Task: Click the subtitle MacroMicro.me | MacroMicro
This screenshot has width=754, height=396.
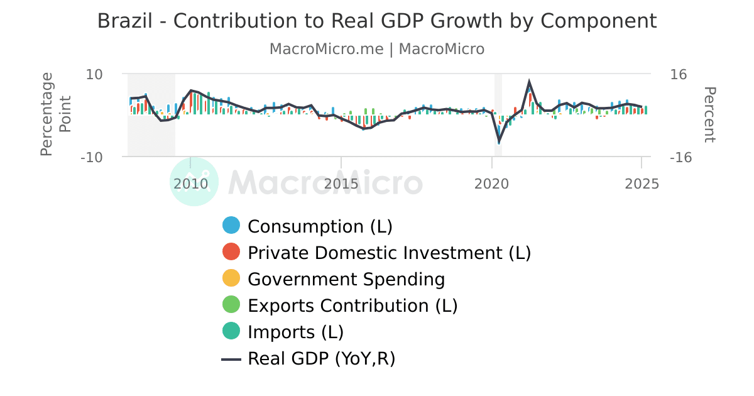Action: pyautogui.click(x=377, y=49)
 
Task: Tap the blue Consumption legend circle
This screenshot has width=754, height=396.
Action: pyautogui.click(x=232, y=226)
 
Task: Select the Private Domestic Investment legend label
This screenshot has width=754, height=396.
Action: pyautogui.click(x=389, y=253)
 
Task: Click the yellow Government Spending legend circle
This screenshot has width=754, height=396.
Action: pyautogui.click(x=232, y=278)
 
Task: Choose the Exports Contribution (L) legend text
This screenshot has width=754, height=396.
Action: pyautogui.click(x=352, y=305)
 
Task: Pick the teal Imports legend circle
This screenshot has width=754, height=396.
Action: pyautogui.click(x=232, y=331)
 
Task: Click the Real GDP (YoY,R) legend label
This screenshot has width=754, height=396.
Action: pyautogui.click(x=321, y=358)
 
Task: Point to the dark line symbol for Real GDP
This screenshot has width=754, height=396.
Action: pyautogui.click(x=232, y=359)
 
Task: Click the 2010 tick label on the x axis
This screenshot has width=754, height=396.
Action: pyautogui.click(x=190, y=184)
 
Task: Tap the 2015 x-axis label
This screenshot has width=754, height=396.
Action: pyautogui.click(x=341, y=184)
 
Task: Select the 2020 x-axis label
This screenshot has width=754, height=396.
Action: pyautogui.click(x=491, y=184)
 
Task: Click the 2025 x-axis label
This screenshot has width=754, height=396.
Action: pyautogui.click(x=642, y=184)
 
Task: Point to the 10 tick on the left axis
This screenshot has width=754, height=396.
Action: pyautogui.click(x=94, y=74)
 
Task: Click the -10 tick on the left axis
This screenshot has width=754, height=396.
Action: pyautogui.click(x=91, y=157)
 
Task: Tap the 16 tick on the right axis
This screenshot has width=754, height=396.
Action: pyautogui.click(x=679, y=74)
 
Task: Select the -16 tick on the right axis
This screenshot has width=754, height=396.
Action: pyautogui.click(x=681, y=157)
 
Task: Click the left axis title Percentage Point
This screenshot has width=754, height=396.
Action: pyautogui.click(x=55, y=114)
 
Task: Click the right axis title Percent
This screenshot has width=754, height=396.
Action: pyautogui.click(x=709, y=115)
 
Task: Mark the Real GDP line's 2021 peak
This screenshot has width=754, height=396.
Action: pyautogui.click(x=530, y=82)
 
